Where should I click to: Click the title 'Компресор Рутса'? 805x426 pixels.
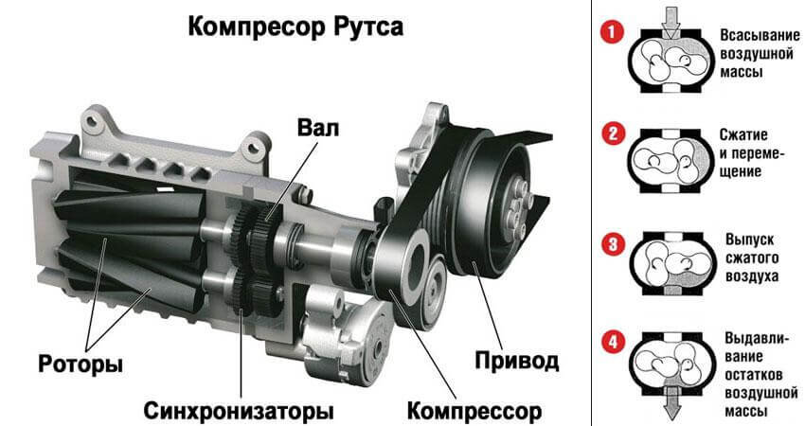[x=295, y=26]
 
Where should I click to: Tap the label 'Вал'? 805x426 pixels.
[x=316, y=130]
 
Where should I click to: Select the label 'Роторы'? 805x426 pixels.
[x=80, y=364]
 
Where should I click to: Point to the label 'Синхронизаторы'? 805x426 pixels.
[x=240, y=412]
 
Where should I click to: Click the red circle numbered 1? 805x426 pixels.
[x=614, y=34]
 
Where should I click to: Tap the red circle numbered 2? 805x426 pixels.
[x=614, y=133]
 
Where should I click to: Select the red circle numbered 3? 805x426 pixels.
[x=614, y=242]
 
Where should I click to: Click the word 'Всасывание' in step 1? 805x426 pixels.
[x=755, y=35]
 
